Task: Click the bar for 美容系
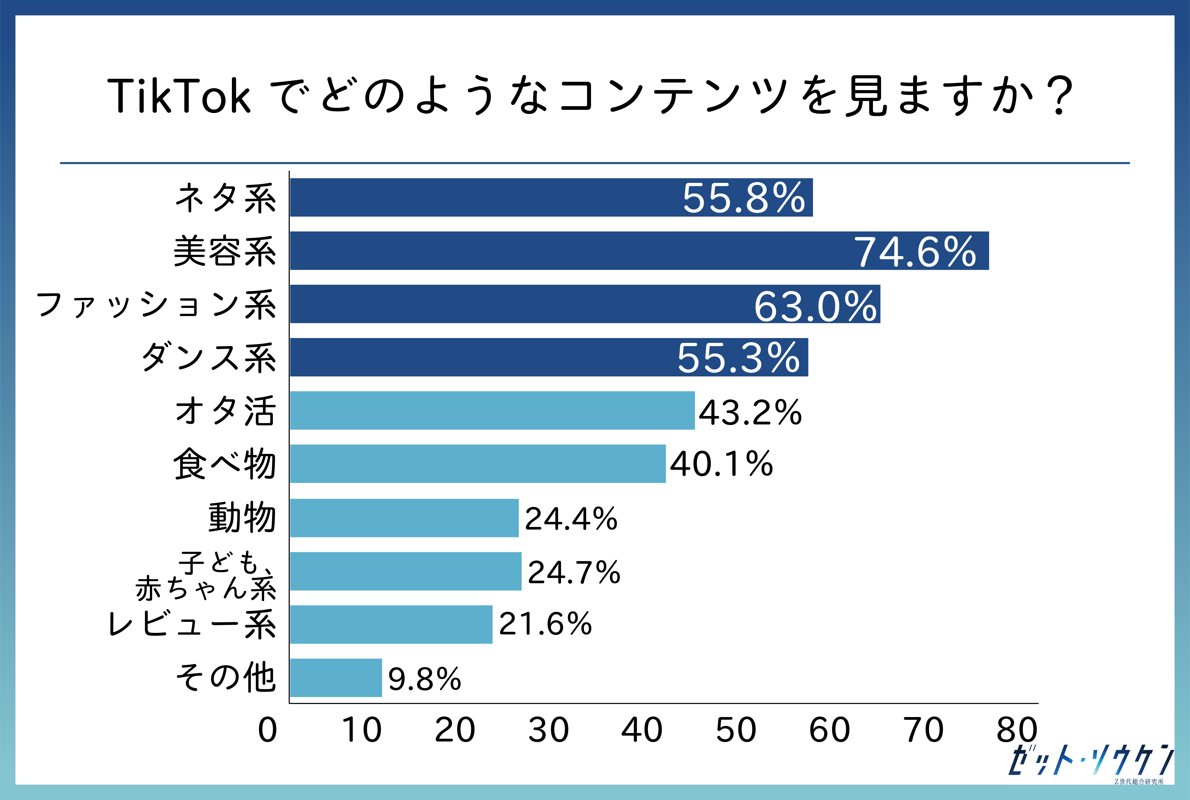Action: (639, 251)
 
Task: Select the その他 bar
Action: (336, 678)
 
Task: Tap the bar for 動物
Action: (404, 518)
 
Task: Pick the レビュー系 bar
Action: (391, 624)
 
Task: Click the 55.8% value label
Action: (743, 198)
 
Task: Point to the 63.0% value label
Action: (815, 306)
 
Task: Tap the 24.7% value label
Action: (574, 572)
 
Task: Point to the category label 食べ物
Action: (225, 464)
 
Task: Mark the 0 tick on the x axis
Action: (267, 730)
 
